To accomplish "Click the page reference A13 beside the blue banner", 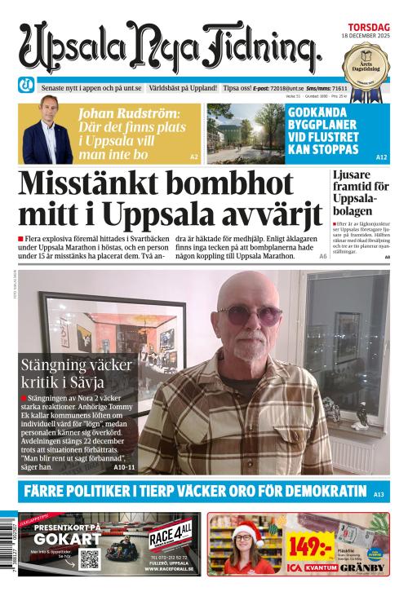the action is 379,494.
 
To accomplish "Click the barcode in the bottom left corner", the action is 7,550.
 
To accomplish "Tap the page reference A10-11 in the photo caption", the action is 125,468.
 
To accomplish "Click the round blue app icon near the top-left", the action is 27,86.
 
